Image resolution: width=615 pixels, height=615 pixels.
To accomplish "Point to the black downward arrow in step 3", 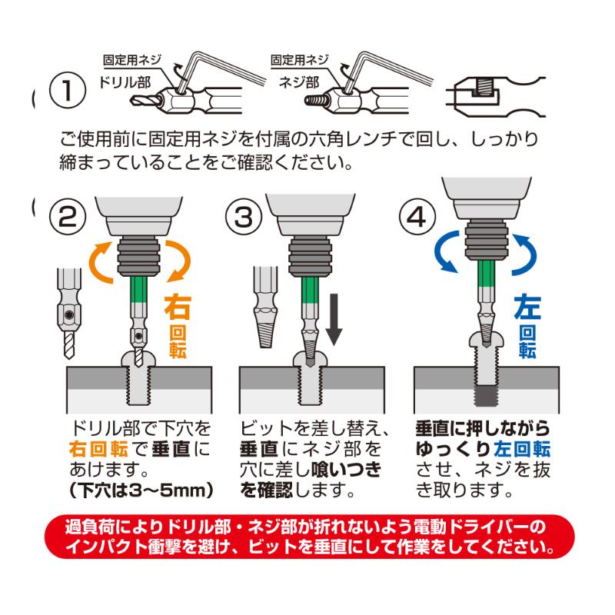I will point(335,319).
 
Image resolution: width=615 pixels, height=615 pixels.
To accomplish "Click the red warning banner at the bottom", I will point(307,539).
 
